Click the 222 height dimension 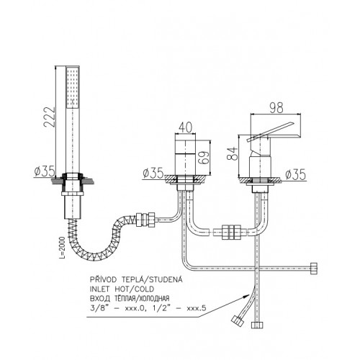click(49, 117)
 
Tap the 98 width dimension click(276, 108)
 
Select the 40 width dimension click(186, 127)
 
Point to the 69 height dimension click(204, 158)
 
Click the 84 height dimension click(233, 153)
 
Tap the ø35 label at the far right click(296, 174)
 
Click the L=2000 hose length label click(62, 248)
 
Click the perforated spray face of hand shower click(73, 87)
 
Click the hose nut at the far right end click(314, 269)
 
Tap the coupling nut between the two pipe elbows click(231, 232)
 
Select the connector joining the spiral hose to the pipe click(145, 220)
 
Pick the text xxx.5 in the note click(196, 308)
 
